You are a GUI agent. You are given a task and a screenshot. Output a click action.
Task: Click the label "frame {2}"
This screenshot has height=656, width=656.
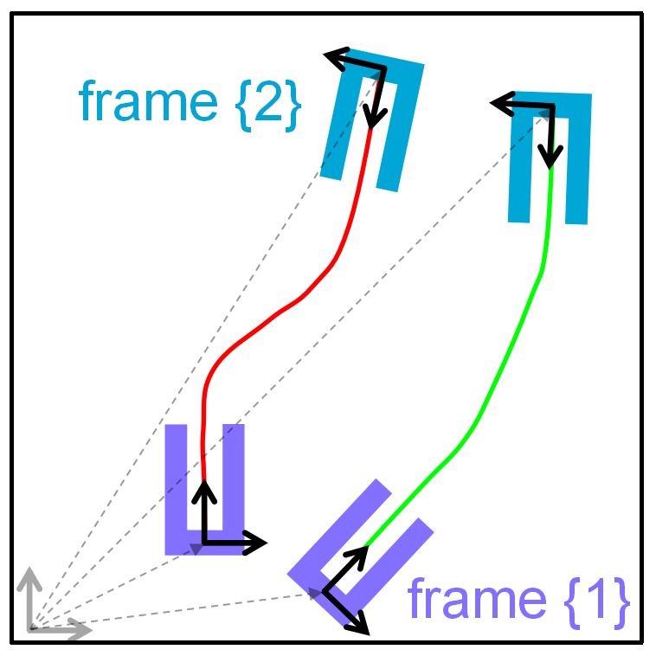[190, 102]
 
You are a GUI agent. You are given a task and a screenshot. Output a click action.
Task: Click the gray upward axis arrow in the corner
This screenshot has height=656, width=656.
[30, 597]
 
